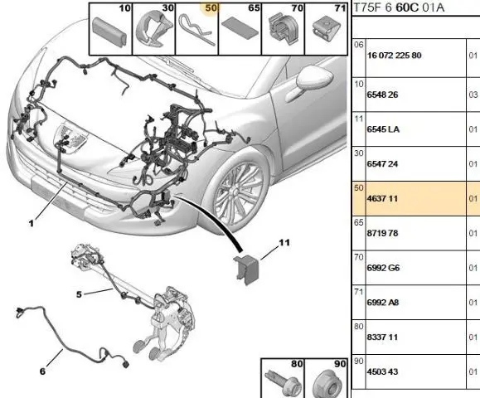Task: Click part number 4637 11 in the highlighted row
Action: (382, 199)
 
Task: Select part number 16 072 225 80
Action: (395, 56)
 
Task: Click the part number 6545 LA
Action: (383, 129)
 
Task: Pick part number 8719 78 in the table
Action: (382, 233)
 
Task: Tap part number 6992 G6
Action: (383, 268)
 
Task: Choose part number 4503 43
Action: (382, 371)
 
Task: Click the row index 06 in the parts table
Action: (359, 45)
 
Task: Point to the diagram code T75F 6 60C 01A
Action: (399, 7)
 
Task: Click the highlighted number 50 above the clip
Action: (211, 8)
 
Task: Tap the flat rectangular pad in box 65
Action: (240, 29)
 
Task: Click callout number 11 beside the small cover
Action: (284, 243)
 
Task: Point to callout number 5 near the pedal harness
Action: (79, 294)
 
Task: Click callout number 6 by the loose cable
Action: (42, 371)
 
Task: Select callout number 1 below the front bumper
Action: (31, 224)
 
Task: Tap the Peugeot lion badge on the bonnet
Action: (70, 138)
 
